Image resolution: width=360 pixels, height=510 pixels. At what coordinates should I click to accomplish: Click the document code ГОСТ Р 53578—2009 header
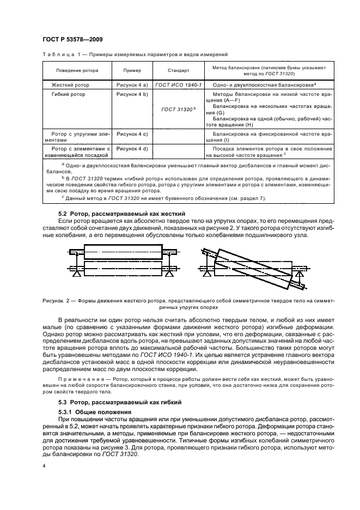click(71, 39)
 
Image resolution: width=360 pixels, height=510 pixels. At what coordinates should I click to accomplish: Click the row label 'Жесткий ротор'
click(70, 85)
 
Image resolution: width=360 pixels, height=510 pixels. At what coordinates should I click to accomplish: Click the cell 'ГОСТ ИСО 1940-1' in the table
click(178, 85)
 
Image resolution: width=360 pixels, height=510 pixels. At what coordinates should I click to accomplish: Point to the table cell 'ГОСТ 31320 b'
click(178, 109)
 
